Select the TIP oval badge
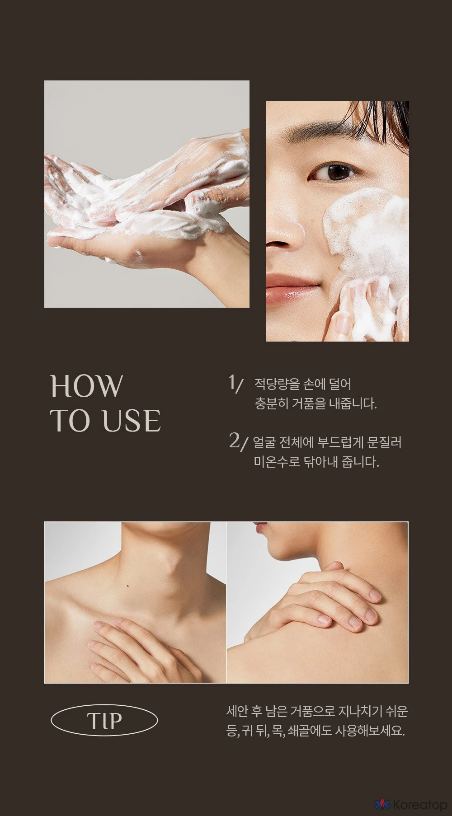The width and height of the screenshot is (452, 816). pos(104,721)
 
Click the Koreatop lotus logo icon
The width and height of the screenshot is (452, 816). pos(382,804)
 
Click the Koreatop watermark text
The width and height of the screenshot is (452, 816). pos(419,805)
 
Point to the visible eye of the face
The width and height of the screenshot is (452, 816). pos(335,172)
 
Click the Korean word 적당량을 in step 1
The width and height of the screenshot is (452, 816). pos(277,385)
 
